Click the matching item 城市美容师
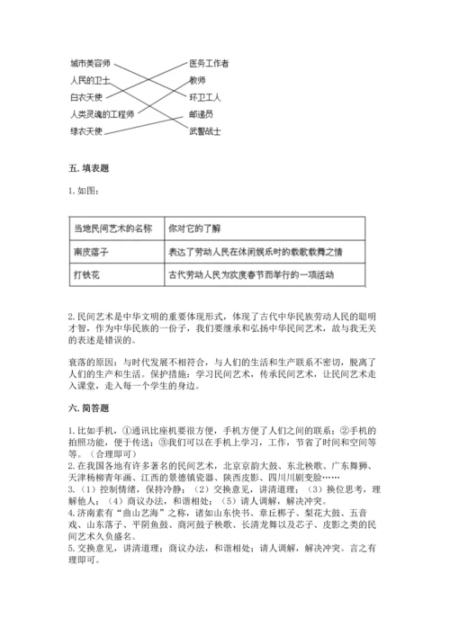coord(90,64)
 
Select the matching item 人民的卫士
coord(88,80)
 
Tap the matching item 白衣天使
coord(86,96)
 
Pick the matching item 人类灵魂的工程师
coord(102,114)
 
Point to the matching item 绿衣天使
coord(86,131)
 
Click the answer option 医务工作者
coord(209,64)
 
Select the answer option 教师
coord(198,80)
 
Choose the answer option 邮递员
coord(201,114)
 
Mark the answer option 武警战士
coord(204,131)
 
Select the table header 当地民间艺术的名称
coord(112,229)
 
